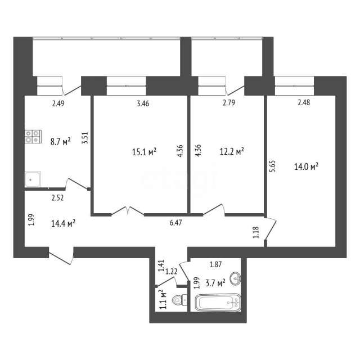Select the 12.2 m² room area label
click(232, 151)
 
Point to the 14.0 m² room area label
click(307, 166)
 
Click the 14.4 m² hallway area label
click(64, 223)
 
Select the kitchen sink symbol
click(32, 179)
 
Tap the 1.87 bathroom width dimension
click(215, 264)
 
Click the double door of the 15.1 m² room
click(128, 211)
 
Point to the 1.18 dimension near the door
click(256, 232)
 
